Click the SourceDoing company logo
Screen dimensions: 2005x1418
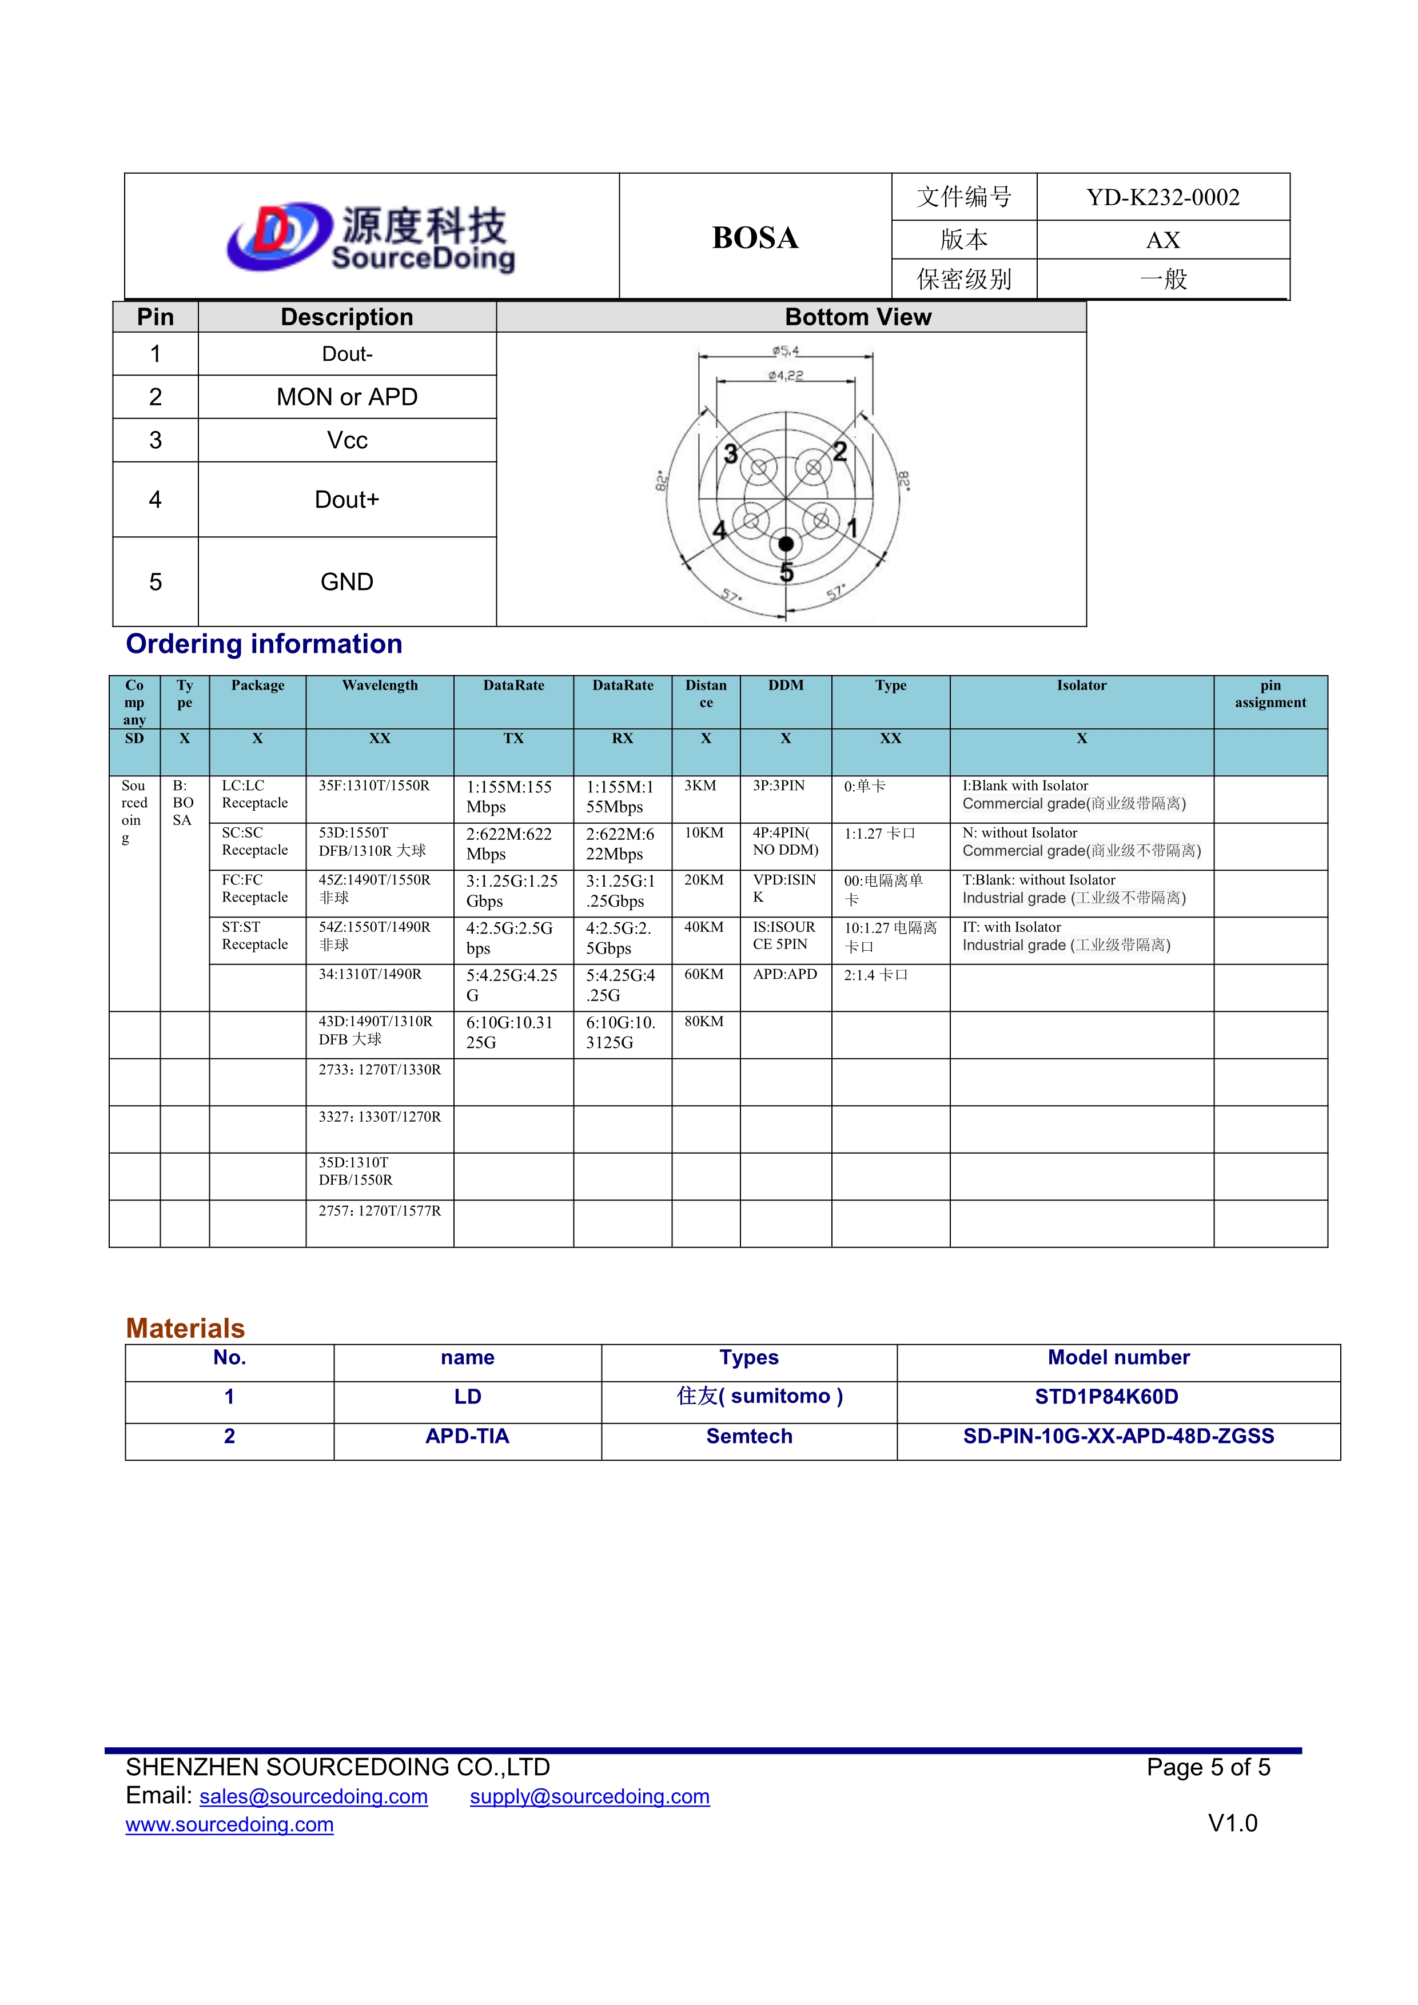click(x=371, y=237)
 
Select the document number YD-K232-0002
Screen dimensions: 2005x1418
click(x=1162, y=197)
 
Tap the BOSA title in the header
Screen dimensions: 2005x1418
click(x=755, y=237)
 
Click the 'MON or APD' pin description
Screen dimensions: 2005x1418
click(x=346, y=397)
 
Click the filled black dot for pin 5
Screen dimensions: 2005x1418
click(x=786, y=544)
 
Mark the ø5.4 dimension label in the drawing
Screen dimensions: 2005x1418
click(x=785, y=351)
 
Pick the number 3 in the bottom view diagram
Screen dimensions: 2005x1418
click(x=731, y=454)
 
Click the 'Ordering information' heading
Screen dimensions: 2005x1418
click(x=264, y=644)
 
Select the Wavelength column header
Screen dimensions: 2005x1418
click(x=380, y=685)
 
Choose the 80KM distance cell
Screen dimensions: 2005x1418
click(x=704, y=1021)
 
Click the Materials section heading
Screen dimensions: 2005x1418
click(x=185, y=1328)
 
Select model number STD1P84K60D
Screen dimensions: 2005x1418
click(x=1106, y=1397)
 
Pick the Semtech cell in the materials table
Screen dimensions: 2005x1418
click(x=749, y=1437)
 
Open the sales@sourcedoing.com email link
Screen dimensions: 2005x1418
click(x=313, y=1796)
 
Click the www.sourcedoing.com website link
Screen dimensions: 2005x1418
click(x=230, y=1824)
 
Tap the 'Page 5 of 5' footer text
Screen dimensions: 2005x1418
click(x=1208, y=1768)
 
